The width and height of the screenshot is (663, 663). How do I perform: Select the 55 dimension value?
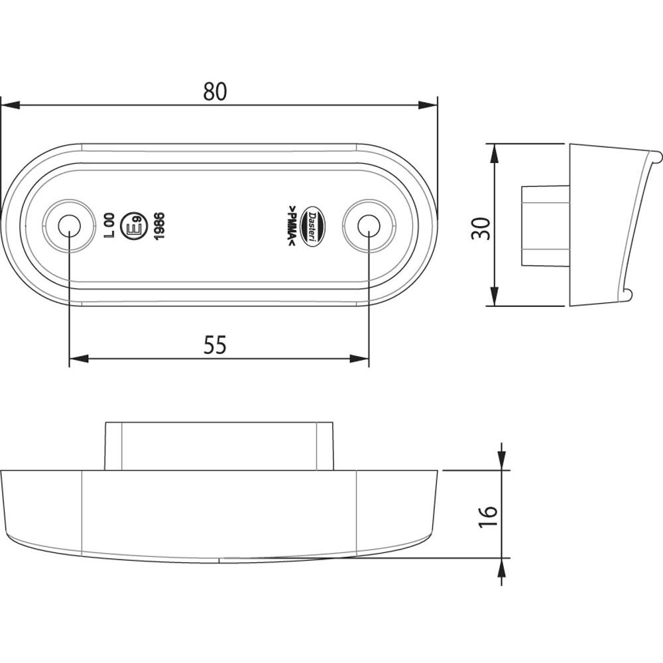[215, 345]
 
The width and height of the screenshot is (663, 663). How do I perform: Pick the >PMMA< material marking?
[292, 227]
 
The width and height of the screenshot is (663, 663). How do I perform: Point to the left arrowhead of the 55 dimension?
[79, 359]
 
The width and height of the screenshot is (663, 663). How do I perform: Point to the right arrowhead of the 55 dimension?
[359, 359]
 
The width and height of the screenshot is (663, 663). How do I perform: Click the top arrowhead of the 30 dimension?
[494, 153]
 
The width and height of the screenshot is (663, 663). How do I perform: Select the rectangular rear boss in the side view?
[545, 226]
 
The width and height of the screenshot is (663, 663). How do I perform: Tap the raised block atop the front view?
[219, 446]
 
